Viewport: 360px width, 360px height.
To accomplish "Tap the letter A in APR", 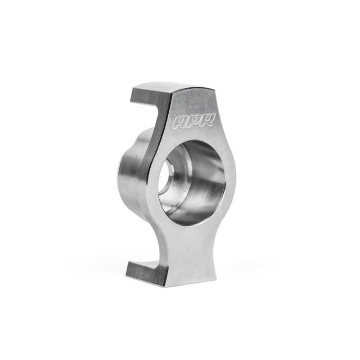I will coord(181,122).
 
